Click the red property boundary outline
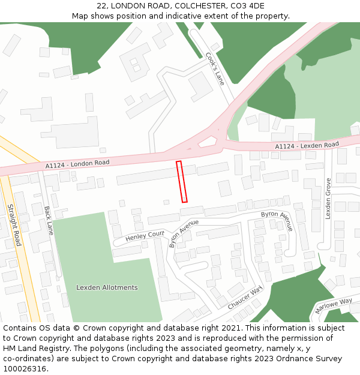coord(182,181)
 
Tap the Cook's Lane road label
coord(215,68)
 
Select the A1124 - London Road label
coord(77,164)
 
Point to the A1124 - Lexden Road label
coord(307,146)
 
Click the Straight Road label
coord(14,225)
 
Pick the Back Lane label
coord(49,220)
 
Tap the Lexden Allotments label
coord(107,287)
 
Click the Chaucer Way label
coord(245,298)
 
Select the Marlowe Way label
coord(334,305)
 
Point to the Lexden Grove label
coord(328,199)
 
